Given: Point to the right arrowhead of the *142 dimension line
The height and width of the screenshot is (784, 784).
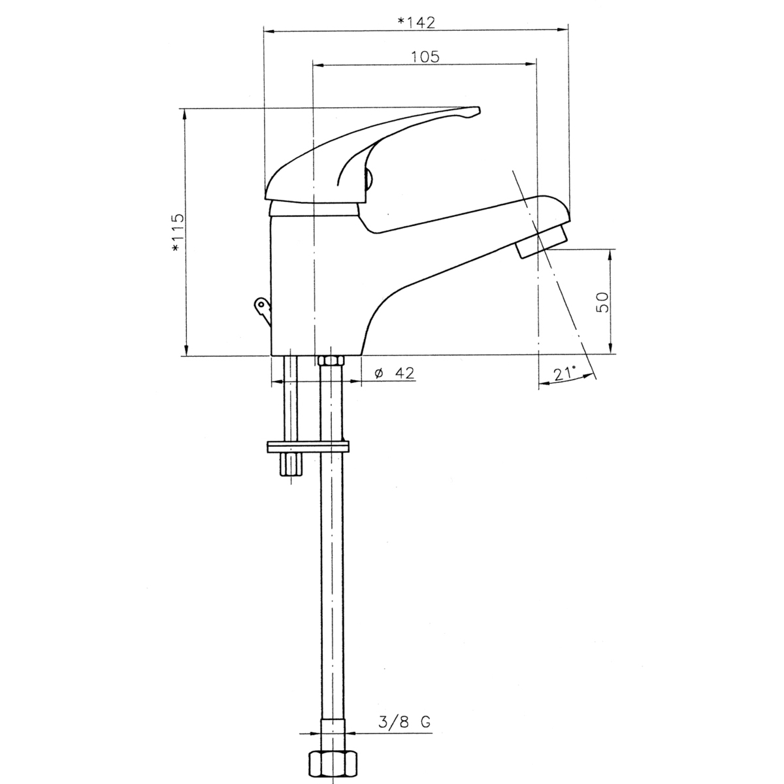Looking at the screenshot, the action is coord(563,29).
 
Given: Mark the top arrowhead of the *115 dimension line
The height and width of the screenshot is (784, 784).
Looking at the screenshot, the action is coord(184,114).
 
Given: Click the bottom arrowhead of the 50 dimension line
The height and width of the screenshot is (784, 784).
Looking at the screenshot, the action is coord(610,348).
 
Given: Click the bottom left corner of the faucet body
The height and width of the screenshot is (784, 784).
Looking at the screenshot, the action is coord(271,355).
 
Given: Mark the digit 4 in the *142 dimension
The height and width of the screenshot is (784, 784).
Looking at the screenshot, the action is coord(419,23).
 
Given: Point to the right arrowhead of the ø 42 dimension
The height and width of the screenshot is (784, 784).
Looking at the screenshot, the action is coord(356,381).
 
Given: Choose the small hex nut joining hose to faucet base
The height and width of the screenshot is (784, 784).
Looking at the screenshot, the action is coord(331,361).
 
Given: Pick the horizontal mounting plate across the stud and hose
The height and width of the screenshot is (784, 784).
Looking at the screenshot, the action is coord(308,447).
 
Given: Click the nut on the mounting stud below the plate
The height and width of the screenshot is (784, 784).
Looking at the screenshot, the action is coord(291,465).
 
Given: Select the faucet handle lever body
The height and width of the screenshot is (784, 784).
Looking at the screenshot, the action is coord(372,157).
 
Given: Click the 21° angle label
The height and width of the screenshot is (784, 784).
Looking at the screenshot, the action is coord(565,373).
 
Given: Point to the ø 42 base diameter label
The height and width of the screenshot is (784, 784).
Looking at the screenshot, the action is coord(394,372).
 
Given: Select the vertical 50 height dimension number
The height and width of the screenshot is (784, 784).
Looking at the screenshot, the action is coord(602,302).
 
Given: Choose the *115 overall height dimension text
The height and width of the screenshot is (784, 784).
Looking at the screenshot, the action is coord(178,233).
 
